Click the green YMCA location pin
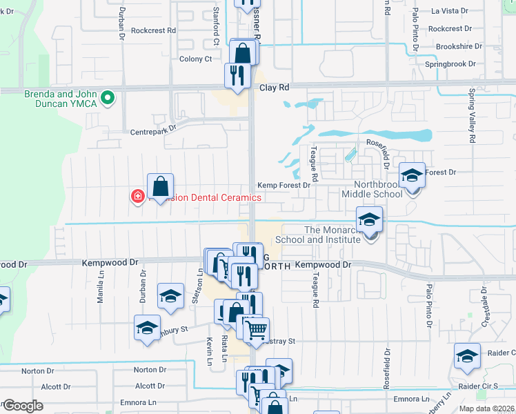107,99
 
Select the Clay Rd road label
272,88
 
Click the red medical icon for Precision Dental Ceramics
138,197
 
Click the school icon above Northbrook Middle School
413,175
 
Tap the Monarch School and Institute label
318,235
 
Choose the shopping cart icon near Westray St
256,331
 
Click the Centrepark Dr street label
154,128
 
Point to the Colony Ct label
195,59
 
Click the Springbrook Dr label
451,63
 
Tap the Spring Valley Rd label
473,115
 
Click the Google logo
23,405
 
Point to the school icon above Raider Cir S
467,356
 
